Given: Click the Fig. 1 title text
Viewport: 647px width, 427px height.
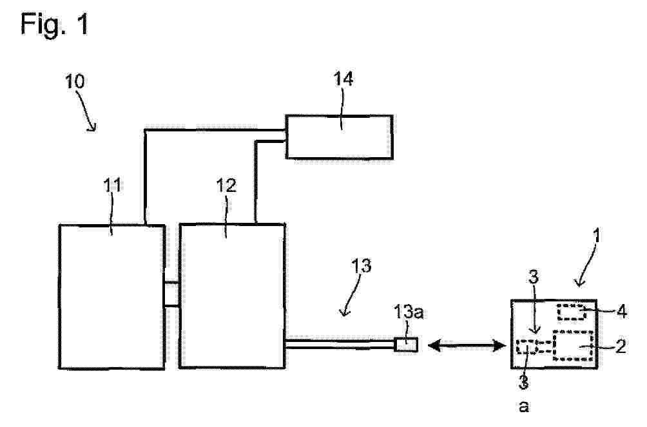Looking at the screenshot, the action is [x=55, y=24].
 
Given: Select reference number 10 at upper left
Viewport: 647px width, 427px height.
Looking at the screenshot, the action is [x=75, y=81].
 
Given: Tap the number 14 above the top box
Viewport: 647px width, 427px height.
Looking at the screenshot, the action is [x=343, y=79].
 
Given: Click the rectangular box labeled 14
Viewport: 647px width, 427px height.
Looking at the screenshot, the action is [x=339, y=137].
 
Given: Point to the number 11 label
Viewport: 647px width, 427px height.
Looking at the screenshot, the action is [x=112, y=185].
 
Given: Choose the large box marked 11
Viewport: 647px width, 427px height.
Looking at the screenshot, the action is [x=112, y=296].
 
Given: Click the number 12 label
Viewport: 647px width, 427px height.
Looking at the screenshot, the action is [x=226, y=185].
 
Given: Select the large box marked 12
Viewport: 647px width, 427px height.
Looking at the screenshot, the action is [x=232, y=296].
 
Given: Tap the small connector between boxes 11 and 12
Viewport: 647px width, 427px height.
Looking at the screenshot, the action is [x=172, y=294].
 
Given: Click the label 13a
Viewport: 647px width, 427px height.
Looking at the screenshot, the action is [x=409, y=312].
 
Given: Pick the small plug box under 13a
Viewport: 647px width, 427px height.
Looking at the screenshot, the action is [x=406, y=345].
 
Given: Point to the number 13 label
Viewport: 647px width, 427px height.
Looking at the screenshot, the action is [x=361, y=266].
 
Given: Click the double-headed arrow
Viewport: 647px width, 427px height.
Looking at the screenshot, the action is [x=467, y=345].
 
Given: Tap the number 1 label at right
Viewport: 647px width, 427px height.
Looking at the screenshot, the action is [x=596, y=236].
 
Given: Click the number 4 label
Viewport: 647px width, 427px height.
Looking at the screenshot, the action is [x=621, y=312].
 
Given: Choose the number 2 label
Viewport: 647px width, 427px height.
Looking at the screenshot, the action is [x=621, y=346].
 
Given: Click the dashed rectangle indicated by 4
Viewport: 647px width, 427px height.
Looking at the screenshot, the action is [x=572, y=312].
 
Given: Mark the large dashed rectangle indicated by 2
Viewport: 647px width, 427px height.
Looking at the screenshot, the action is [x=573, y=346].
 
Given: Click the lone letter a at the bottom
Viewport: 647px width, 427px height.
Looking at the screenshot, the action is [x=524, y=407].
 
